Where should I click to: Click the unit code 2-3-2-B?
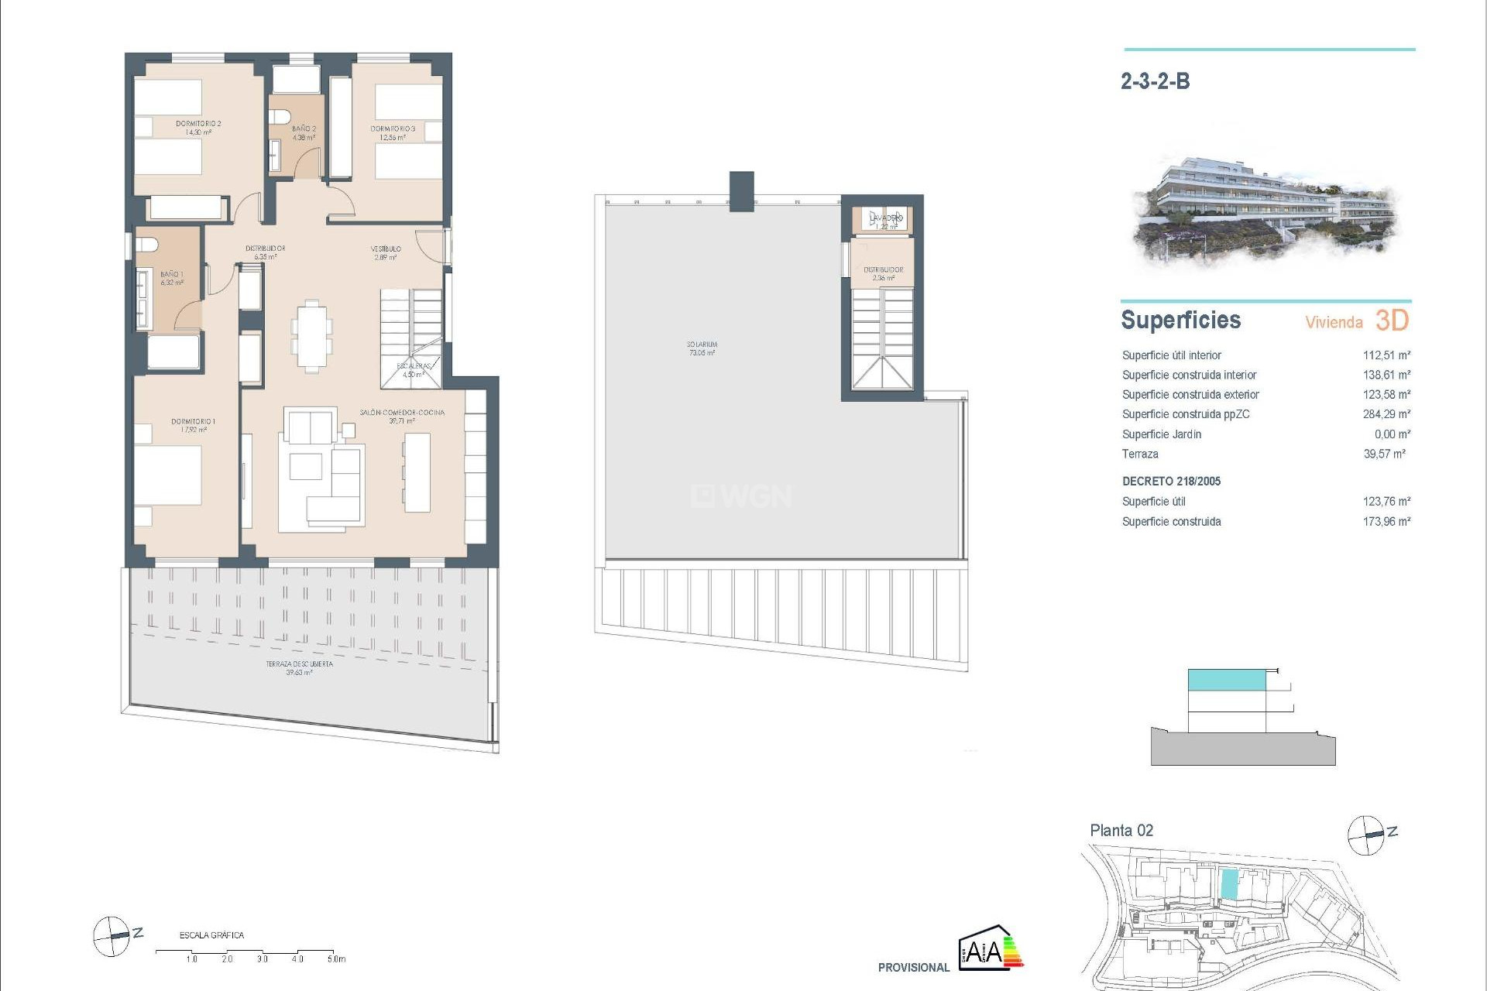coord(1155,81)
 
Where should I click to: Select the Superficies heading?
coord(1180,320)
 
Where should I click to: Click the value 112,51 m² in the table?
coord(1386,355)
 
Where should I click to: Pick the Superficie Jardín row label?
coord(1161,434)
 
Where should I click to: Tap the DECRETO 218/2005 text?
coord(1171,482)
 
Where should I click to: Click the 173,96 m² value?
coord(1386,522)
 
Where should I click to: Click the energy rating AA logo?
coord(991,948)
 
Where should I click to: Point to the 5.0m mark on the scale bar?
coord(335,958)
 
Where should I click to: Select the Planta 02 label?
coord(1121,831)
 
